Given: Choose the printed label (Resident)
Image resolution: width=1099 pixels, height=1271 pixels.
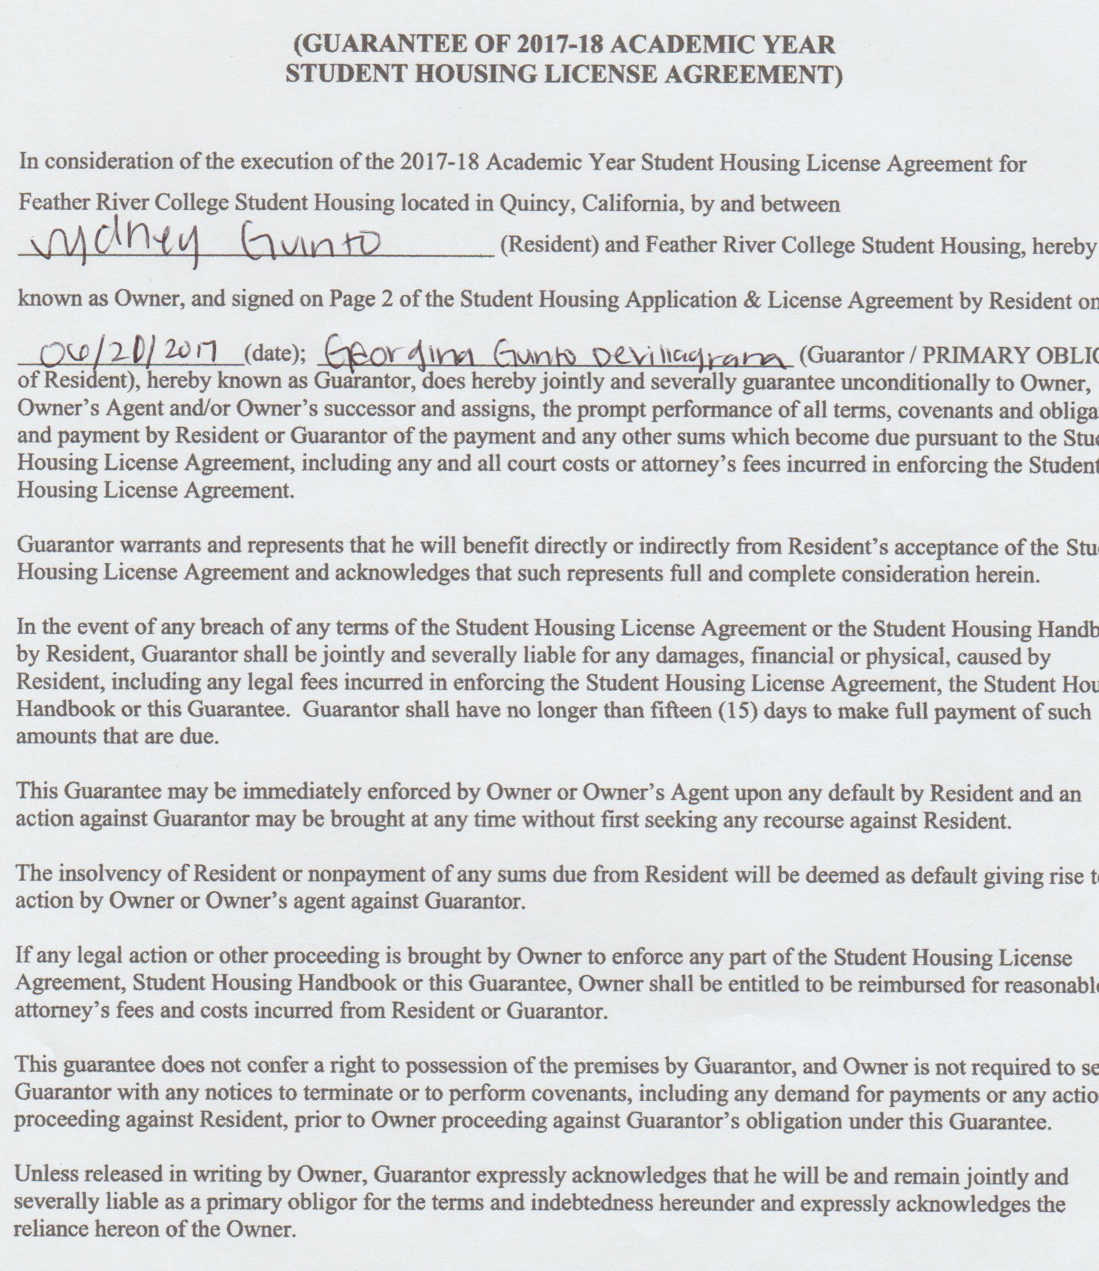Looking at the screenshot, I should pos(549,246).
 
